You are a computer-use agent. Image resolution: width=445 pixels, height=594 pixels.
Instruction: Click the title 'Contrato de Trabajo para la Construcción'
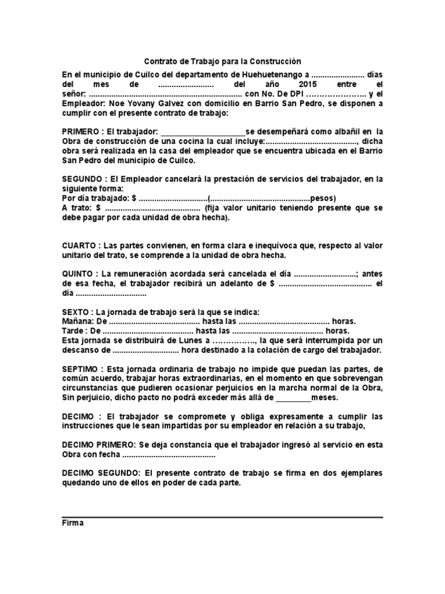(222, 61)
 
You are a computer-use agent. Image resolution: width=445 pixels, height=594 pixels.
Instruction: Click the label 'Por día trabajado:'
(96, 198)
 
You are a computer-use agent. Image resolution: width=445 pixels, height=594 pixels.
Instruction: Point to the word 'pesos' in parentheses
(322, 198)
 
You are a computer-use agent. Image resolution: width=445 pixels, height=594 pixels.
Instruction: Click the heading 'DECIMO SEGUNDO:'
(101, 473)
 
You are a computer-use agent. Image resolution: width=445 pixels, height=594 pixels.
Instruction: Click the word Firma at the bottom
(73, 523)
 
